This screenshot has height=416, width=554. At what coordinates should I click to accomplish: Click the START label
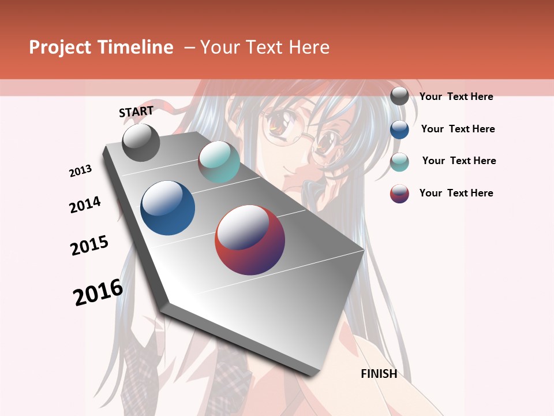(x=136, y=112)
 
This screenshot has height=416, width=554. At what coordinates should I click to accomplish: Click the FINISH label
(x=379, y=374)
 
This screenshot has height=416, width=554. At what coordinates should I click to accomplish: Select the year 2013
(x=81, y=171)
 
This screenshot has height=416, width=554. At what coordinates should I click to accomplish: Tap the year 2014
(x=85, y=205)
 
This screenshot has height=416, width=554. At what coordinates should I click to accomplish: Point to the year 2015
(x=89, y=246)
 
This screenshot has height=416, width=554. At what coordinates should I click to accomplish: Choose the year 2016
(x=98, y=292)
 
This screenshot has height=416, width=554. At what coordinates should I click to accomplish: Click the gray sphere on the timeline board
(x=141, y=143)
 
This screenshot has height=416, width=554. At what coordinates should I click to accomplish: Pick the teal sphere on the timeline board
(x=219, y=162)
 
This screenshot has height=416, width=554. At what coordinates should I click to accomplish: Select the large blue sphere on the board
(x=168, y=208)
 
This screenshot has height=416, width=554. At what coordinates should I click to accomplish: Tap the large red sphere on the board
(x=250, y=240)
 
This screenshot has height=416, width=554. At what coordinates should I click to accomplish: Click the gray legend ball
(x=399, y=96)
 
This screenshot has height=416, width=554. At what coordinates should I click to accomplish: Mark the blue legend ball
(x=399, y=129)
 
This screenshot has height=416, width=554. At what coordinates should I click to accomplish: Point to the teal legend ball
(x=399, y=162)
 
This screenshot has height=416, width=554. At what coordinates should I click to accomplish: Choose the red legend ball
(x=399, y=194)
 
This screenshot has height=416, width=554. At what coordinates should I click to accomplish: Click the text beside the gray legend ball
(x=456, y=96)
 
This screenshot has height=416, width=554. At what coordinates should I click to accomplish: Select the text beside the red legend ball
(x=456, y=193)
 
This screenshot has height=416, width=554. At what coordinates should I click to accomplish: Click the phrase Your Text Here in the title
(x=265, y=47)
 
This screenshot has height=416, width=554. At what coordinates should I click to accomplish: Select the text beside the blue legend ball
(x=458, y=129)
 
